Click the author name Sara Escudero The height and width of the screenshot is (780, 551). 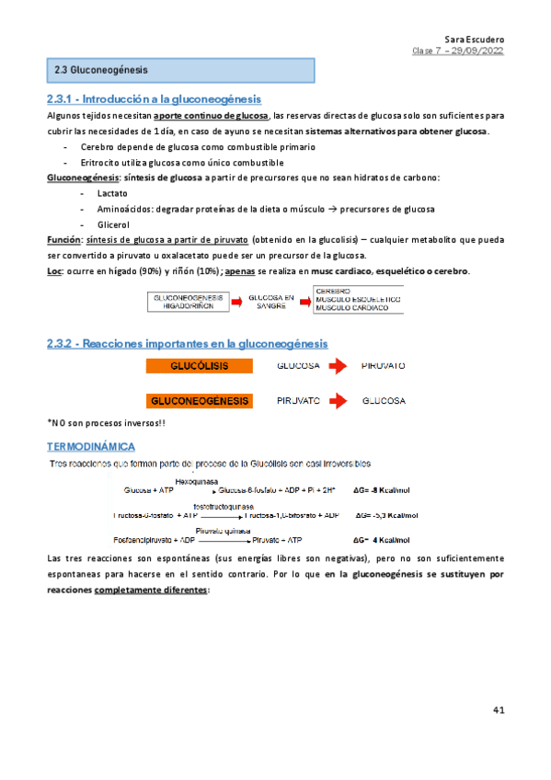point(474,40)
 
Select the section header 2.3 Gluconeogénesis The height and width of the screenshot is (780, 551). point(101,70)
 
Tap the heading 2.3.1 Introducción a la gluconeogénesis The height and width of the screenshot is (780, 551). point(154,99)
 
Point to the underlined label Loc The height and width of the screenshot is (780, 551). point(53,270)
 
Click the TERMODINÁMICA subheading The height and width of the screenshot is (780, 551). point(90,445)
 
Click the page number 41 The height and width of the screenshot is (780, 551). point(499,709)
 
